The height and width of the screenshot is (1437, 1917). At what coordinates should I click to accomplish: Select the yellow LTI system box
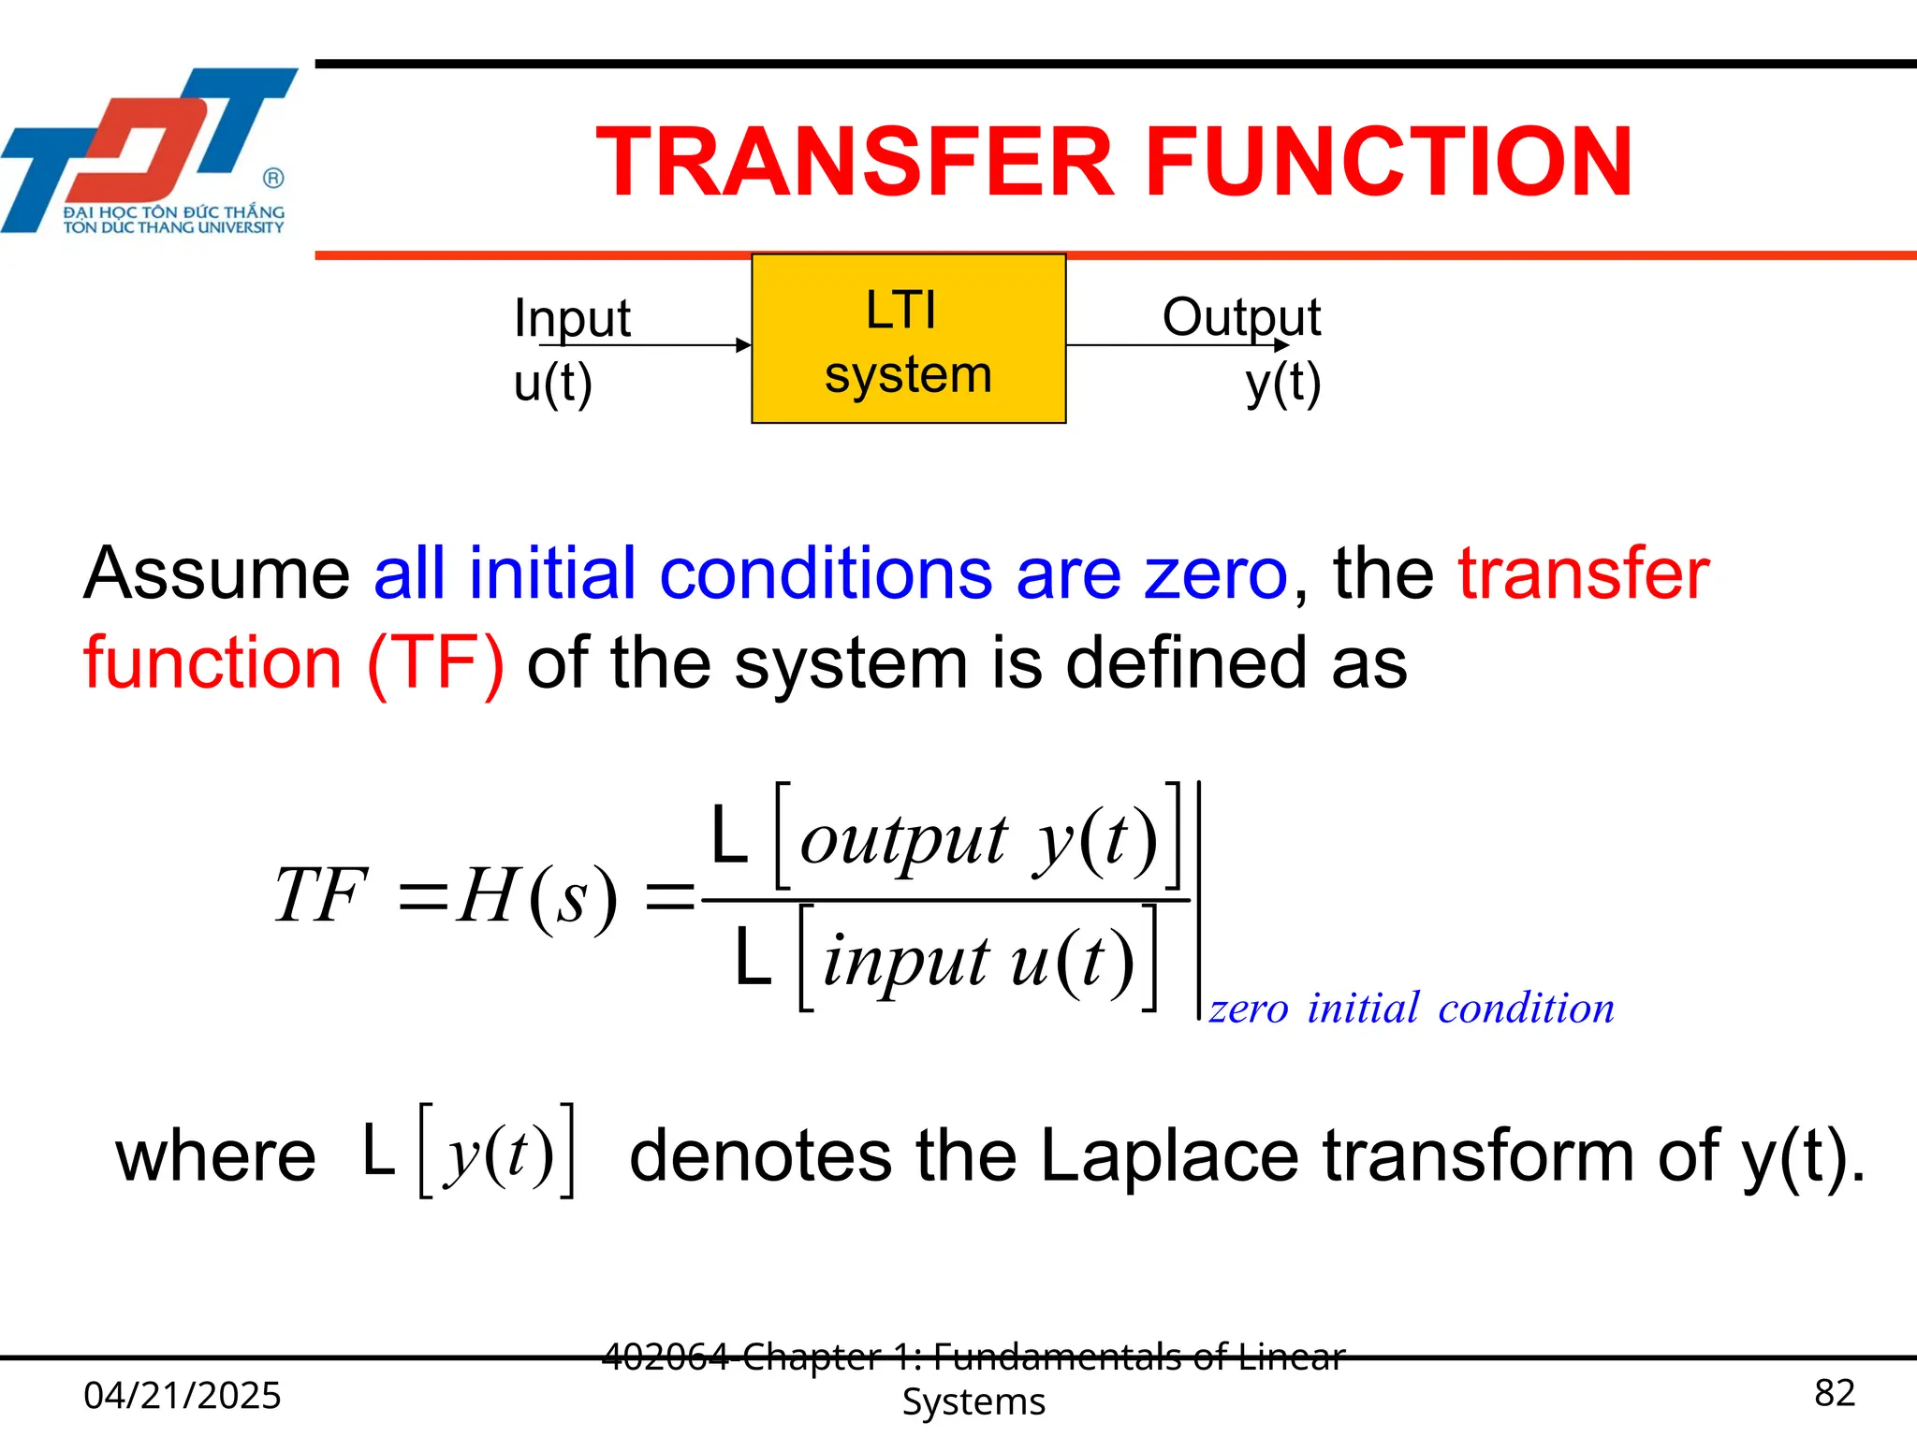click(x=908, y=339)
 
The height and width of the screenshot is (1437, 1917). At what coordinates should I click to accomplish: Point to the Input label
click(x=572, y=318)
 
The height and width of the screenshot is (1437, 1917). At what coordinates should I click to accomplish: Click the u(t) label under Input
click(x=552, y=383)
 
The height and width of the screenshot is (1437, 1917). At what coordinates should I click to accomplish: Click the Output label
click(x=1240, y=317)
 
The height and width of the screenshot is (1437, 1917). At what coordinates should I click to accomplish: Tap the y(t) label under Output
click(x=1282, y=383)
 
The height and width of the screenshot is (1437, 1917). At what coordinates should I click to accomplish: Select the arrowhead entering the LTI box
click(x=744, y=345)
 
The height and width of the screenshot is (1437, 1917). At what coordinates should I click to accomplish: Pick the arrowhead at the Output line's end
click(x=1282, y=345)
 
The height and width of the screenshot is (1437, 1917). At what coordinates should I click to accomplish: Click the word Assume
click(x=216, y=573)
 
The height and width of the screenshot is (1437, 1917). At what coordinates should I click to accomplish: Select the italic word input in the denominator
click(x=905, y=961)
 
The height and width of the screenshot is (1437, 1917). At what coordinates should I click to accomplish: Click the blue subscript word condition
click(x=1526, y=1009)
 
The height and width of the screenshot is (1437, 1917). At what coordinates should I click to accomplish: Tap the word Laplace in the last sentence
click(x=1169, y=1156)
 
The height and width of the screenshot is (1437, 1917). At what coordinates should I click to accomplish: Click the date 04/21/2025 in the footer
click(x=183, y=1395)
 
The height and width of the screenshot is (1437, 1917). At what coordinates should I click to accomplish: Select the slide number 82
click(x=1834, y=1393)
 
